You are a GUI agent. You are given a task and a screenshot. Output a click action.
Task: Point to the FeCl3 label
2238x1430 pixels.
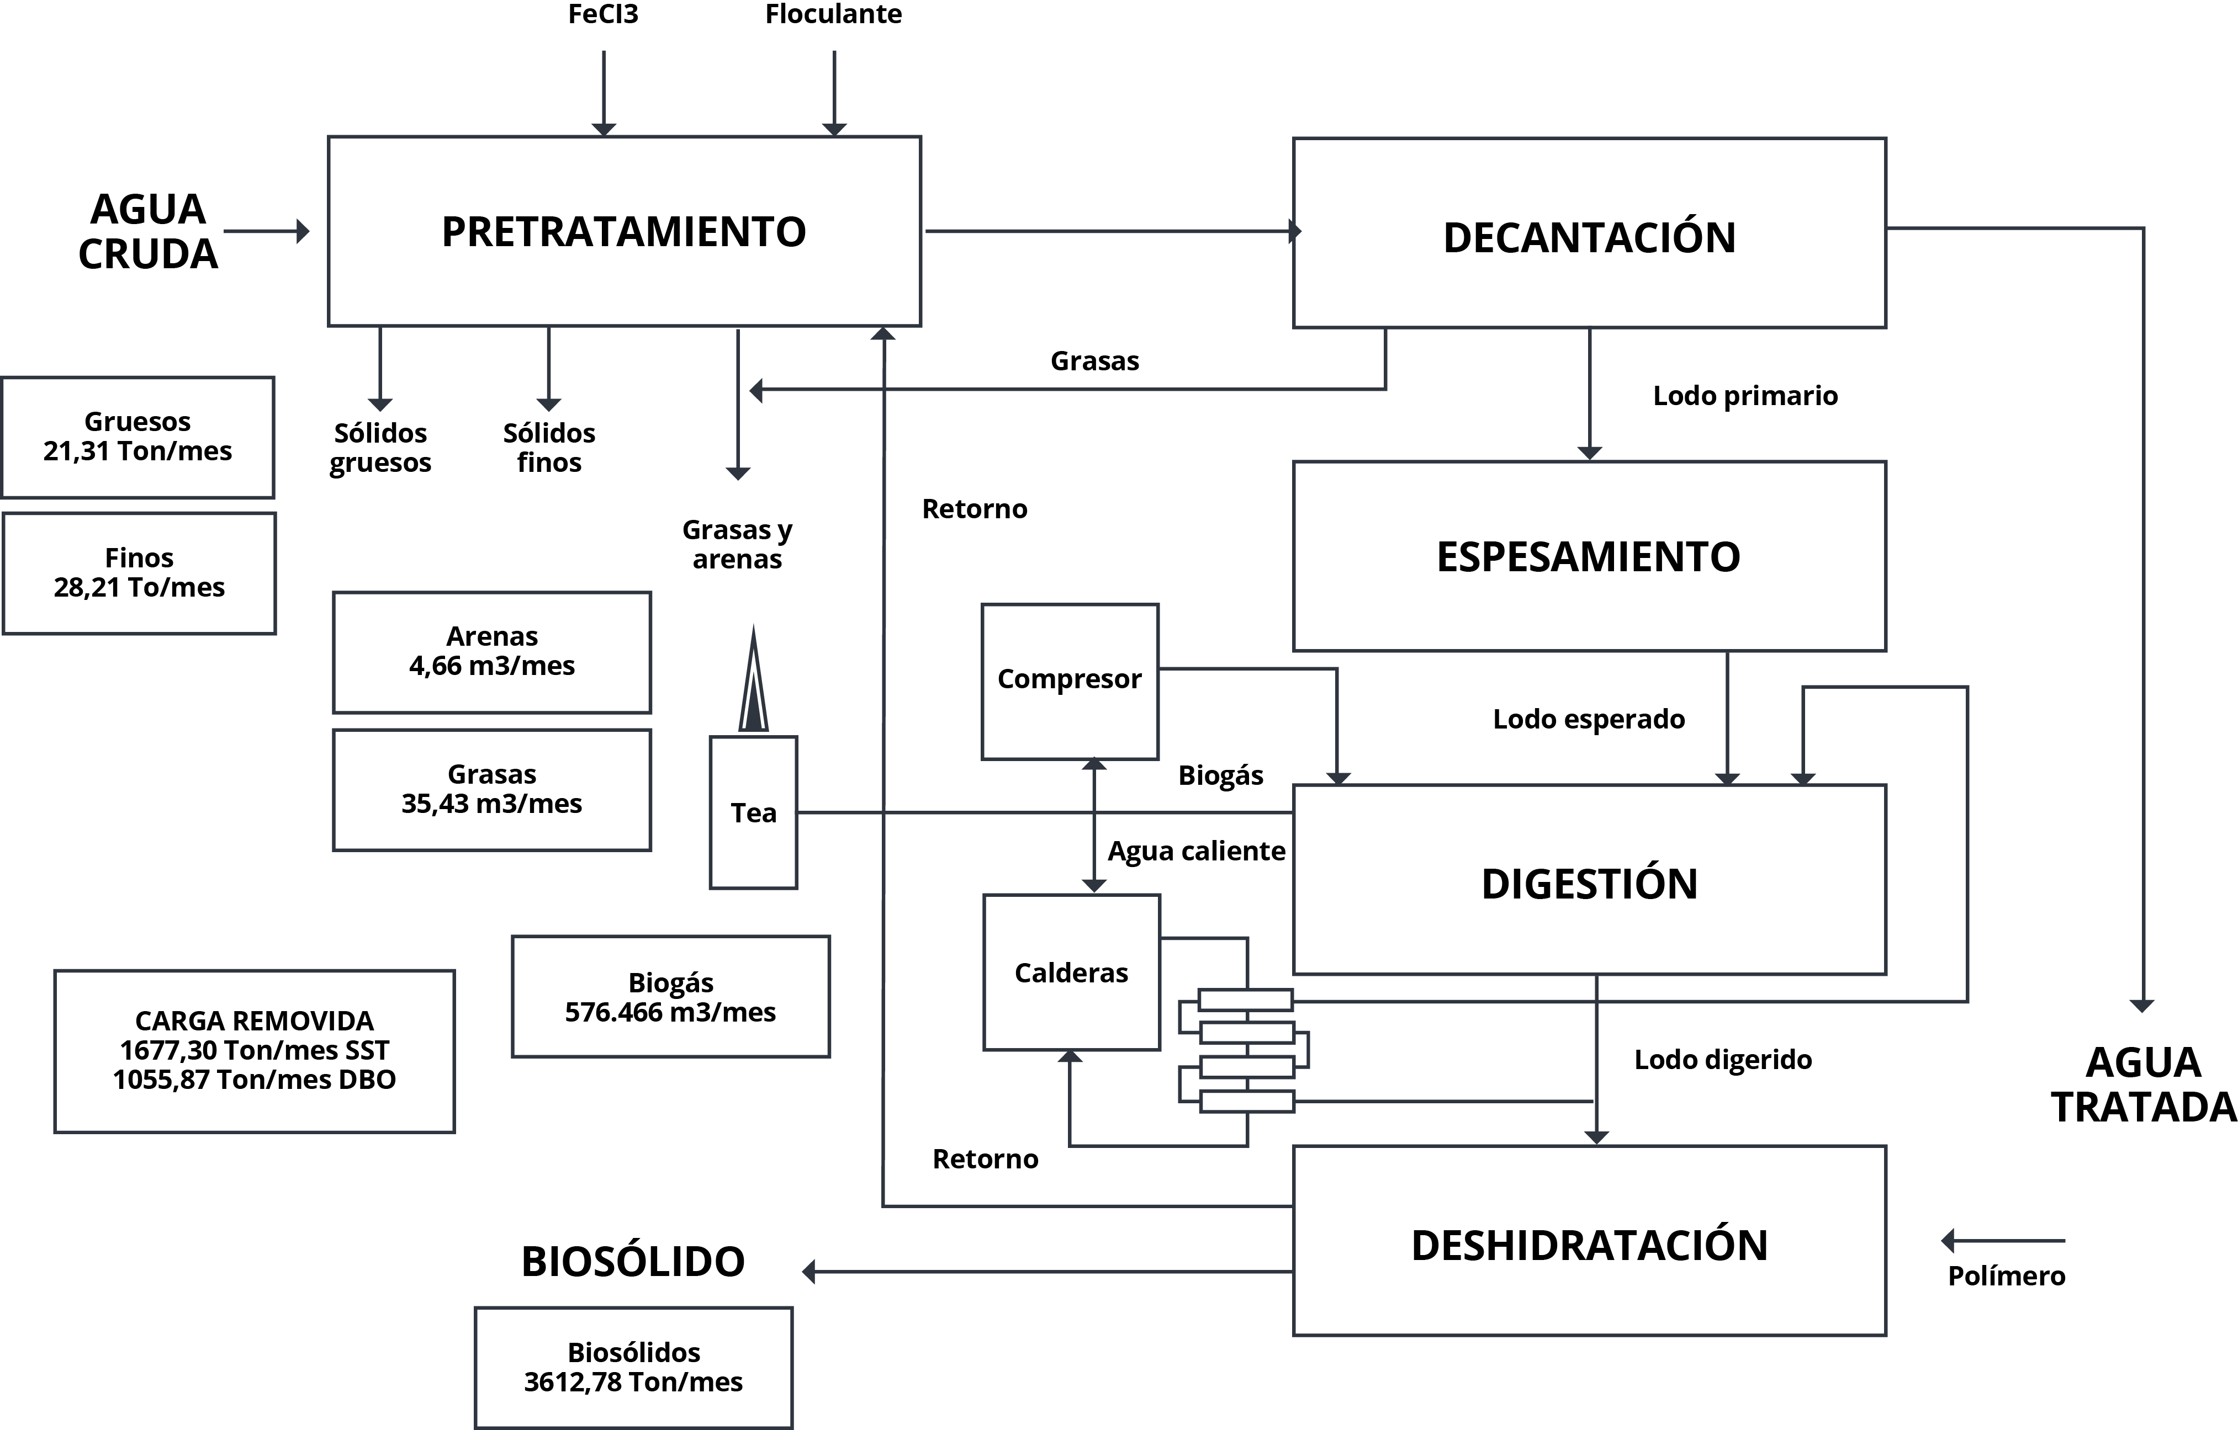[603, 14]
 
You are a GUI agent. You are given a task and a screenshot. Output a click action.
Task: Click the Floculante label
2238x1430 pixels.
[834, 14]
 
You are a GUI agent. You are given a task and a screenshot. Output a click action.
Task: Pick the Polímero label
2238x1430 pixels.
[2007, 1276]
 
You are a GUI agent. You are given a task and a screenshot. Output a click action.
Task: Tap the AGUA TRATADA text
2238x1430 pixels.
[2143, 1085]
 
